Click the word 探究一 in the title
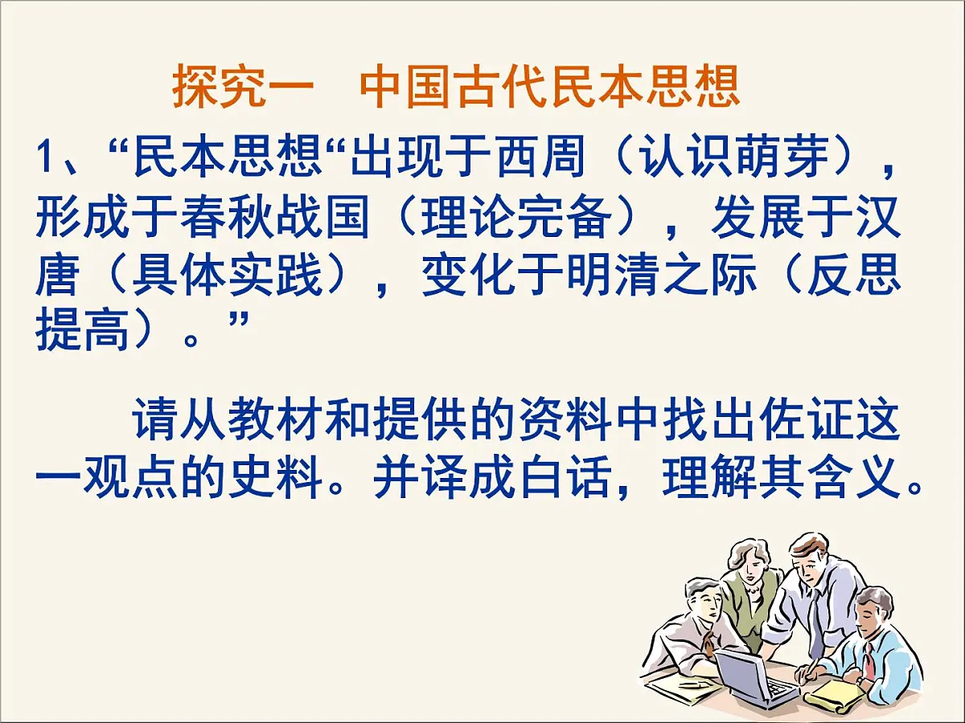tap(242, 88)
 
